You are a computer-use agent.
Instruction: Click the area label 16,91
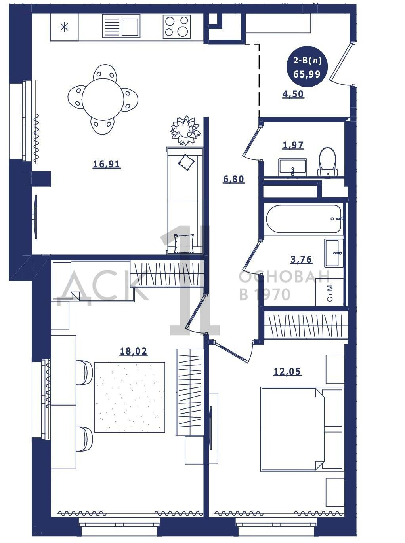(107, 164)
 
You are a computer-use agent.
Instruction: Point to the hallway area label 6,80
(234, 179)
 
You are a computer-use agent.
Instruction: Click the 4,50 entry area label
(293, 94)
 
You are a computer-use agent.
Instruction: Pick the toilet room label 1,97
(293, 145)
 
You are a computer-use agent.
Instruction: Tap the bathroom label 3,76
(301, 259)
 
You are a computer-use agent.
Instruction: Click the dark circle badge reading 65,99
(307, 66)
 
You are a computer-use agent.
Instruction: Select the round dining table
(103, 99)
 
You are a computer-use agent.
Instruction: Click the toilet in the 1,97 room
(328, 161)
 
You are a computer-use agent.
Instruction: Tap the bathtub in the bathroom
(304, 219)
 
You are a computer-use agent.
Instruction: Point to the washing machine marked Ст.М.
(329, 292)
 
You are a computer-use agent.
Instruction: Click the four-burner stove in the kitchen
(176, 27)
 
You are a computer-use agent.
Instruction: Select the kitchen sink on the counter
(121, 26)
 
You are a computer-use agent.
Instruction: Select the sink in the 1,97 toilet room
(292, 167)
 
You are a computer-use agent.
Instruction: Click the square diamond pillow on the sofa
(186, 162)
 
